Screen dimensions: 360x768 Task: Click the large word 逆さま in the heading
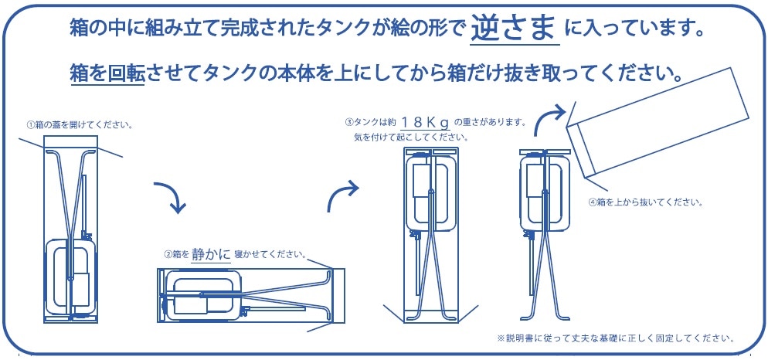(515, 29)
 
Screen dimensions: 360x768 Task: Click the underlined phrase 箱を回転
(106, 74)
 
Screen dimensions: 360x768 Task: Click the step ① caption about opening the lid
(80, 124)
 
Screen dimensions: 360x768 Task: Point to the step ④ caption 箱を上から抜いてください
(645, 202)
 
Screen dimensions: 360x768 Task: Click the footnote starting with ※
(615, 338)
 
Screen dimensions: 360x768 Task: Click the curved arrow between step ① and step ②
(172, 196)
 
